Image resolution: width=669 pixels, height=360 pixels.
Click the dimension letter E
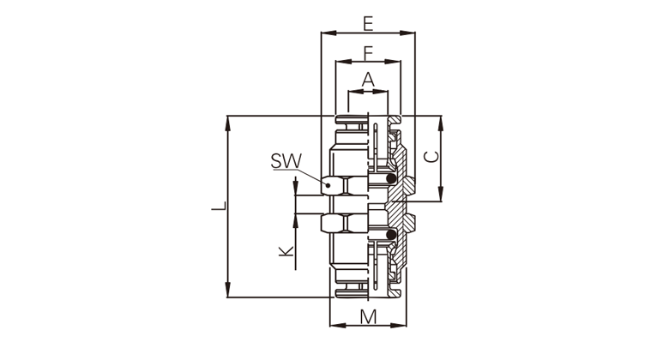[368, 23]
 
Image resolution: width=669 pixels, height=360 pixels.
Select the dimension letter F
[368, 53]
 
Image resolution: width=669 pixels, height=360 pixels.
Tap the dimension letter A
[368, 80]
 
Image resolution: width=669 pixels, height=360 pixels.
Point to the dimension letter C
[431, 157]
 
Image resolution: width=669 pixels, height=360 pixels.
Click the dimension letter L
[219, 206]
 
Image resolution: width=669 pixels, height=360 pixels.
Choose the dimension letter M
[368, 317]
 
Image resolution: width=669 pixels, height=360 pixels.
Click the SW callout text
[286, 161]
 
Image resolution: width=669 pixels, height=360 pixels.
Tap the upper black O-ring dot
[391, 179]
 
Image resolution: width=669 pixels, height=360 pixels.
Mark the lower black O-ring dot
[391, 235]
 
